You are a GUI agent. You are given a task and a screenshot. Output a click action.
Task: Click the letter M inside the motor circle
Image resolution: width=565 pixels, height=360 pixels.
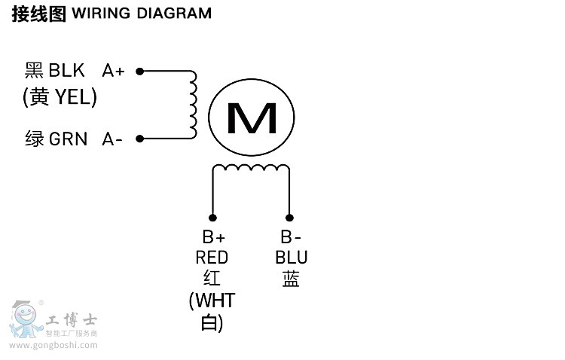pos(252,117)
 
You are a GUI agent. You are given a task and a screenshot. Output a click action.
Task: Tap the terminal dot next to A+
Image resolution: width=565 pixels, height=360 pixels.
pos(140,72)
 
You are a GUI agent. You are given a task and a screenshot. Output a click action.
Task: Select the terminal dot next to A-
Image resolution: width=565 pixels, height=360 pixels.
pos(140,139)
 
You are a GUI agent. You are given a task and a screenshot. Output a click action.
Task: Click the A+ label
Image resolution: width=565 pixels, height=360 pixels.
pos(114,71)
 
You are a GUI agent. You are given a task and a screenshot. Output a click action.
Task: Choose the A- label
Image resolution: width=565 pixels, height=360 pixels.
pos(112,139)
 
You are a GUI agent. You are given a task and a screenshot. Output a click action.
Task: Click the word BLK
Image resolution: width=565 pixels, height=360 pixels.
pos(67,71)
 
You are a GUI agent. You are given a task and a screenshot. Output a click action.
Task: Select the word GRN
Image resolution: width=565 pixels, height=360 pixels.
pos(68,139)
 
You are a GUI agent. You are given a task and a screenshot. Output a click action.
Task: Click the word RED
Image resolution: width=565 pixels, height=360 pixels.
pos(212,258)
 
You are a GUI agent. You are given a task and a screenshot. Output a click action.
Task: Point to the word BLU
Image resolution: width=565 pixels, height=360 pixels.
pos(291,258)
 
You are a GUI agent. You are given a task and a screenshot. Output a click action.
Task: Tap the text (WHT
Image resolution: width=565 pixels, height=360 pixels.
pos(212,301)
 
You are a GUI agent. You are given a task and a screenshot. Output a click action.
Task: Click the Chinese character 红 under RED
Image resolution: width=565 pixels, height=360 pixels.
pos(212,279)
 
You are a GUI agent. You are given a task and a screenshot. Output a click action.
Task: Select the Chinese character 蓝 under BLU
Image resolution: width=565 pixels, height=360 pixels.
pos(291,279)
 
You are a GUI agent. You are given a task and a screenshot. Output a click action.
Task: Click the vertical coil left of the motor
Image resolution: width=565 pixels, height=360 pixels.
pos(192,105)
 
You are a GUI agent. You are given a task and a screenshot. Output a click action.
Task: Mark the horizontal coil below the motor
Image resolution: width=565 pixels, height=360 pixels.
pos(251,169)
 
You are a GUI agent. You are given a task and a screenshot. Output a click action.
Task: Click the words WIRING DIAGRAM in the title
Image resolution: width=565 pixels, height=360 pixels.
pos(142,14)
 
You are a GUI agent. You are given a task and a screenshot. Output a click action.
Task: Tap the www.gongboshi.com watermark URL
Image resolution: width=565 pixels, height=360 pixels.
pos(53,346)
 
